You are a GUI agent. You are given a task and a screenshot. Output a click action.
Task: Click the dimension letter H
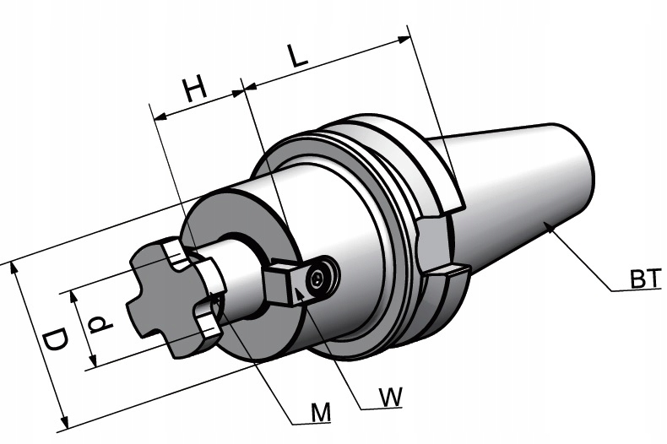pyautogui.click(x=195, y=89)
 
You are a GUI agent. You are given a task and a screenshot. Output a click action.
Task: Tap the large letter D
pyautogui.click(x=56, y=339)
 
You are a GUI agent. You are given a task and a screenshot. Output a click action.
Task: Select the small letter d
pyautogui.click(x=100, y=324)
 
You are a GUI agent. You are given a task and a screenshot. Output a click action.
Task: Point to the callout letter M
pyautogui.click(x=320, y=412)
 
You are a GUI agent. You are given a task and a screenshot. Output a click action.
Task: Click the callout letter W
pyautogui.click(x=390, y=397)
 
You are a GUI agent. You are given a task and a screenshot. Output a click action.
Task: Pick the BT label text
pyautogui.click(x=646, y=279)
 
